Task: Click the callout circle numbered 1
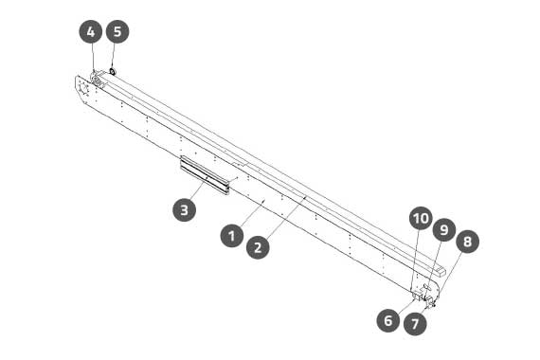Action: point(232,236)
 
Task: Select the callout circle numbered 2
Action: point(259,247)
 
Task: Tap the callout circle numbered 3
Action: point(184,209)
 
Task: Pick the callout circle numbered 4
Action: point(91,31)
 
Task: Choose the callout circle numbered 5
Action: point(117,31)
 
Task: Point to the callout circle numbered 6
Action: point(388,321)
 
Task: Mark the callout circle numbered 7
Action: point(415,324)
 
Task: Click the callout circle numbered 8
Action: point(467,242)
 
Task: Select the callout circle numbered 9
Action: point(444,230)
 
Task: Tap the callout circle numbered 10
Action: point(421,219)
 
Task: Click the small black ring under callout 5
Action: point(113,71)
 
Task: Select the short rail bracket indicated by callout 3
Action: point(205,175)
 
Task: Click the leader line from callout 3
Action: point(197,190)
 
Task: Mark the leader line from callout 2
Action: point(286,217)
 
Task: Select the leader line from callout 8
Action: point(449,275)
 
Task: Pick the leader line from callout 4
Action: point(93,57)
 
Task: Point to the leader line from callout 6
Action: point(405,306)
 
